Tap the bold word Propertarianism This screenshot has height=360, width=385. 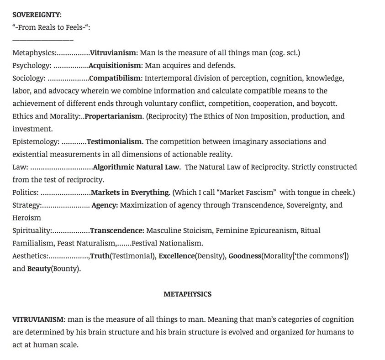pyautogui.click(x=114, y=116)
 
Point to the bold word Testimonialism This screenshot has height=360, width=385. pyautogui.click(x=115, y=141)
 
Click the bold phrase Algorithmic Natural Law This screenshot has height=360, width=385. pyautogui.click(x=136, y=167)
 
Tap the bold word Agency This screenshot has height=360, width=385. pyautogui.click(x=105, y=205)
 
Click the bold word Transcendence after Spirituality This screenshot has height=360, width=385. pyautogui.click(x=117, y=230)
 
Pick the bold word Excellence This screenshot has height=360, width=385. pyautogui.click(x=176, y=256)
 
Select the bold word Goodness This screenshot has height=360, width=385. pyautogui.click(x=245, y=256)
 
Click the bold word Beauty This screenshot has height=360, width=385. pyautogui.click(x=39, y=269)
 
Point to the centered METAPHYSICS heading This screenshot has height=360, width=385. pyautogui.click(x=187, y=294)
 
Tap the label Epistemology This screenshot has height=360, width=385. pyautogui.click(x=36, y=141)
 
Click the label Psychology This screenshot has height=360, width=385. pyautogui.click(x=32, y=65)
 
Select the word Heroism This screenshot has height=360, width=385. pyautogui.click(x=26, y=218)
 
